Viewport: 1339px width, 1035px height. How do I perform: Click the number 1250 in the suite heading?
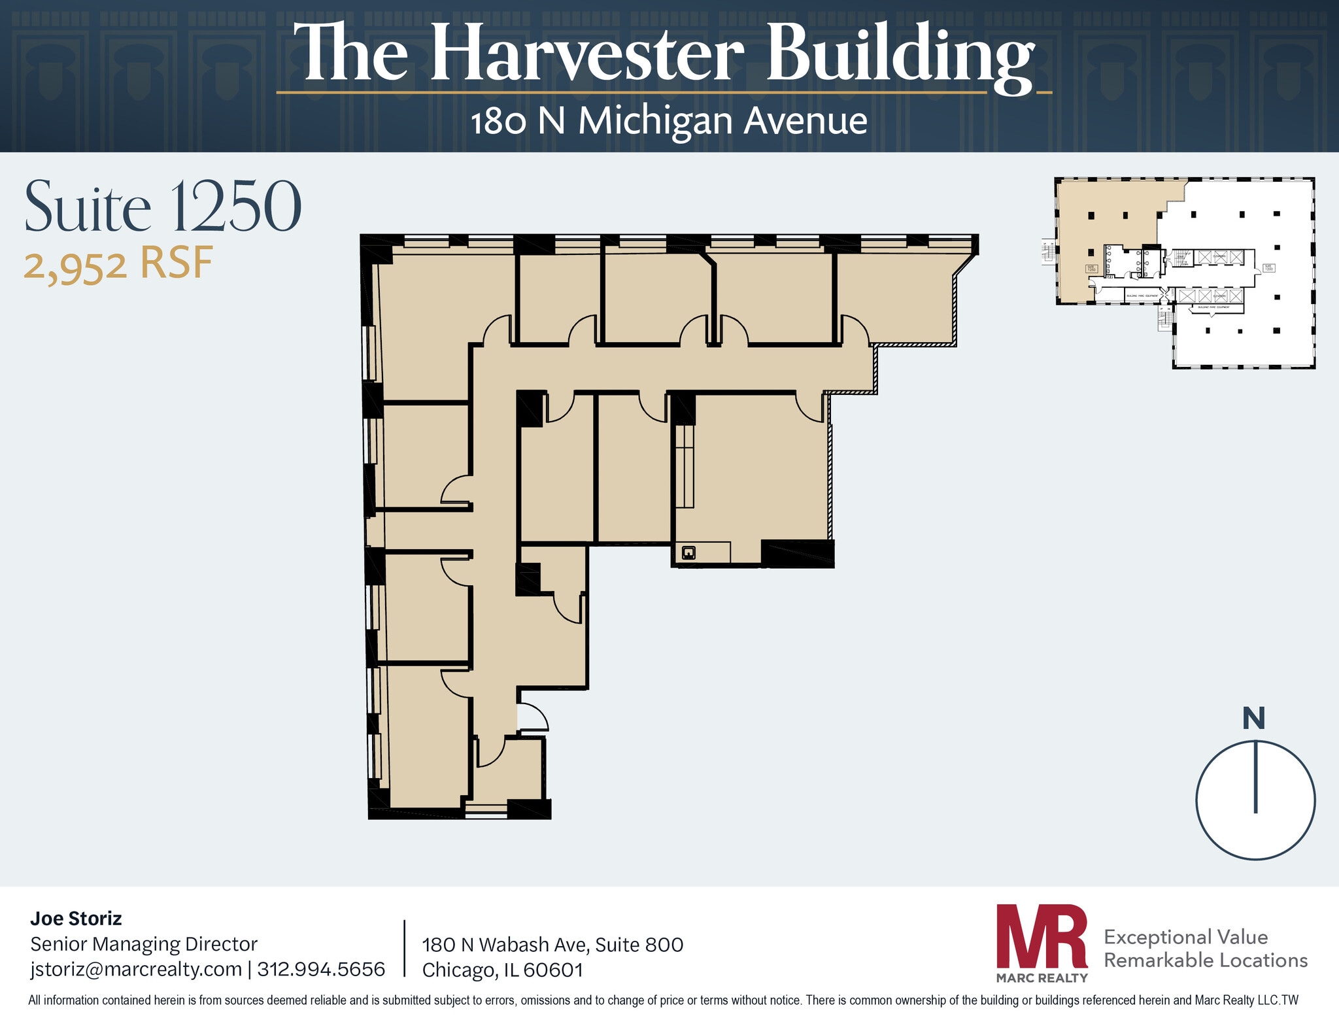[236, 207]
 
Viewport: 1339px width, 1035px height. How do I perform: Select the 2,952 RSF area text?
[118, 264]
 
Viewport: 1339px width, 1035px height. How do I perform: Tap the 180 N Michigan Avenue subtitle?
[669, 122]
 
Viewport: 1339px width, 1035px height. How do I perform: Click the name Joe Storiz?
[76, 919]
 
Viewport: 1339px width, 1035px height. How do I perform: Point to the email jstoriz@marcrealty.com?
[136, 968]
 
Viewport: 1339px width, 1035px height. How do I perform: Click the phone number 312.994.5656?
[321, 968]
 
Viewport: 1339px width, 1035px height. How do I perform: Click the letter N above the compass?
[1253, 719]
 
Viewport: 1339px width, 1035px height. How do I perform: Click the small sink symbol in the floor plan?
[688, 553]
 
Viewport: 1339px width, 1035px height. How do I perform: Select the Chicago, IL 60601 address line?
[502, 970]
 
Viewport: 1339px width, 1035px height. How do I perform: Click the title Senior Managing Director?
[144, 943]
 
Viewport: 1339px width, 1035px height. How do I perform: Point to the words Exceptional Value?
[1185, 937]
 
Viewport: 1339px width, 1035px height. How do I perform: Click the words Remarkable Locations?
[1205, 960]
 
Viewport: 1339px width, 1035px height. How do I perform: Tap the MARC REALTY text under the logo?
[1042, 978]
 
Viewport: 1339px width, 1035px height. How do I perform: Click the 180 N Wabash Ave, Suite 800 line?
[552, 945]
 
